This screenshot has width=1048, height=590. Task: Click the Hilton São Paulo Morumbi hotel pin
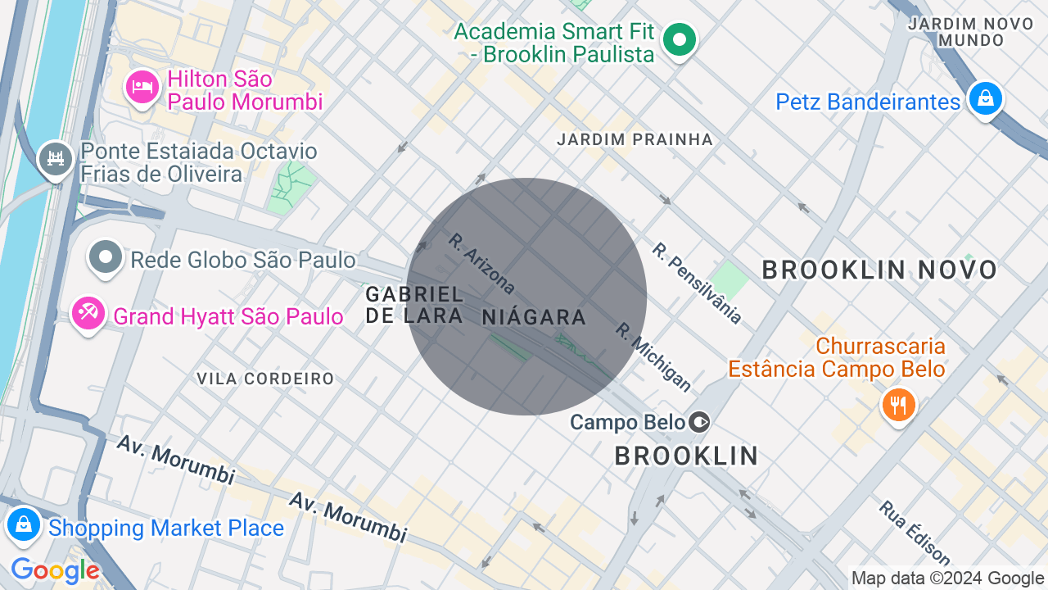142,87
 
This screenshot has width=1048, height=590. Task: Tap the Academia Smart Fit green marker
679,39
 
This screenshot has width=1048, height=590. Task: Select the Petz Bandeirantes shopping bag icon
985,99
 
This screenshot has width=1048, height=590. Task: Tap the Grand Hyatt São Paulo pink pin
88,313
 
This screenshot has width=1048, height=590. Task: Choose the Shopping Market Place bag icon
24,524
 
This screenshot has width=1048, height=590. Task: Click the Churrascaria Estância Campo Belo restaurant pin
898,405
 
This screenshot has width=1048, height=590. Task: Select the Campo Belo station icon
699,422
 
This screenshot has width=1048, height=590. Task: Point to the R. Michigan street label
653,356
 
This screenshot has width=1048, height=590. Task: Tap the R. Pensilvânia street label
697,283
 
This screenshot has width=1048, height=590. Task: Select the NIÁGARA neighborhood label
534,317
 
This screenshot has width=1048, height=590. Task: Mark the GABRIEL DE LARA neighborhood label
414,304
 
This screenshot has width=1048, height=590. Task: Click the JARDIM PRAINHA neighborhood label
635,140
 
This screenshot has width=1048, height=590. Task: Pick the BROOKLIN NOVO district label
879,270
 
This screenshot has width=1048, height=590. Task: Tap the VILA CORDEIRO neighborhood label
265,379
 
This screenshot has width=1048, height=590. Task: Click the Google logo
55,570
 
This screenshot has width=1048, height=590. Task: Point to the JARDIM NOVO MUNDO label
971,31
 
